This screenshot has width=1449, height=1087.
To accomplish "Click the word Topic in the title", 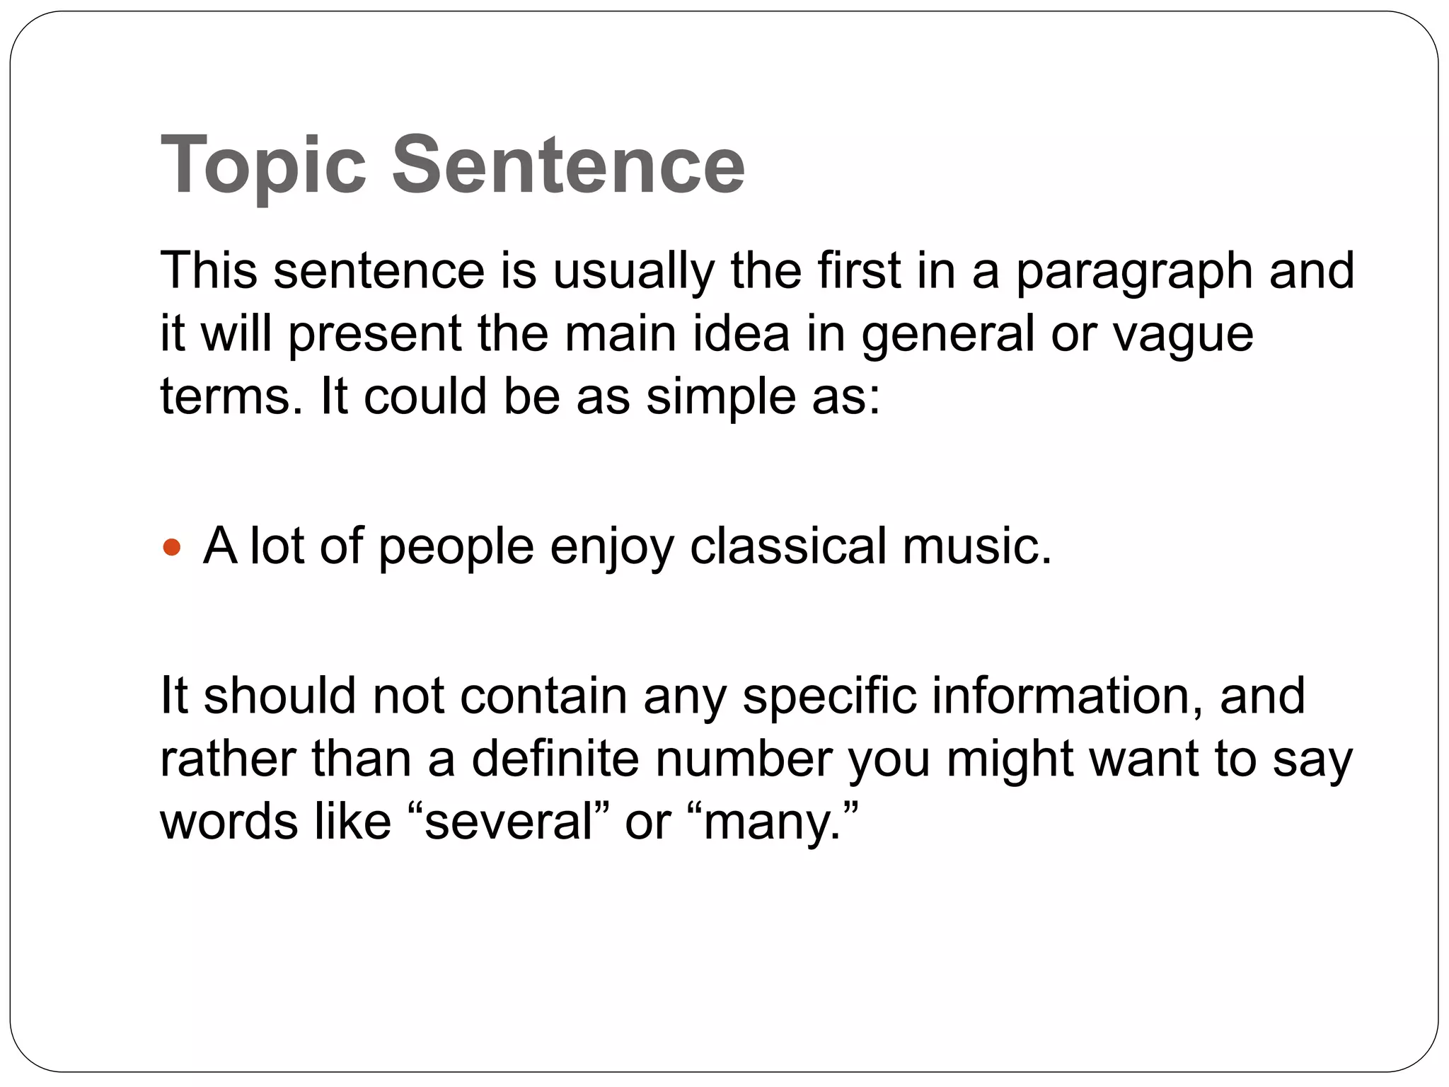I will coord(263,166).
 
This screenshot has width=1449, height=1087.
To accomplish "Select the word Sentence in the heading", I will coord(568,164).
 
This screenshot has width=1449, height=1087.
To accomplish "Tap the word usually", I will coord(633,272).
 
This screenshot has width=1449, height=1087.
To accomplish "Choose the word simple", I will coord(720,396).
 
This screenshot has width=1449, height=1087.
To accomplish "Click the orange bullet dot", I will coord(172,547).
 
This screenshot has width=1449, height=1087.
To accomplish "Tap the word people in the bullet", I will coord(456,548).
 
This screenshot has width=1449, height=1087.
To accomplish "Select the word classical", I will coord(787,546).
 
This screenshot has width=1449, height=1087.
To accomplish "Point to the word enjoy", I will coord(612,548).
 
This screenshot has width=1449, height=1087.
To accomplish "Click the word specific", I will coord(829,696).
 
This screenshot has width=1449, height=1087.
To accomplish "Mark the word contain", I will coord(543,696).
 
